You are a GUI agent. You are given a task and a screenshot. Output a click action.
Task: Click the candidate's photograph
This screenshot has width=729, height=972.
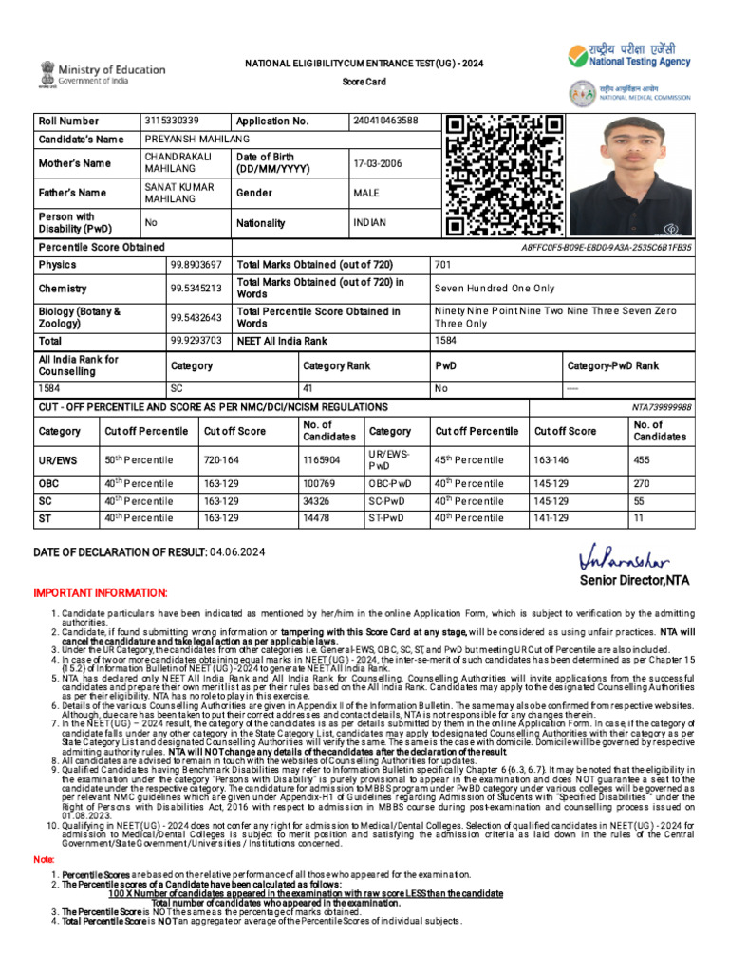click(630, 176)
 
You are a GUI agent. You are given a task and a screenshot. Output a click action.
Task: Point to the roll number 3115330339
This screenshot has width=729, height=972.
click(172, 121)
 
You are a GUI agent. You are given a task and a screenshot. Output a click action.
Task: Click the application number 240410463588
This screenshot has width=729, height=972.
click(384, 121)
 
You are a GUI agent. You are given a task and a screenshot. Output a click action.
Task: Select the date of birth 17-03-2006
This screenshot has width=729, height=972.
click(377, 163)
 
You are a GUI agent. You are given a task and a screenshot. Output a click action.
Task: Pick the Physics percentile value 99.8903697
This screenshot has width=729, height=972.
click(196, 265)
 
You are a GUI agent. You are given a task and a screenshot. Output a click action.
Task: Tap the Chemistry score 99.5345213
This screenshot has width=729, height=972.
click(196, 288)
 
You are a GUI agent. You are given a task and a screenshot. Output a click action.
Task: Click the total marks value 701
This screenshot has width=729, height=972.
click(443, 265)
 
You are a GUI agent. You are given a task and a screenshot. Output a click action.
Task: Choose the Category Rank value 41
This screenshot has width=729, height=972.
click(308, 388)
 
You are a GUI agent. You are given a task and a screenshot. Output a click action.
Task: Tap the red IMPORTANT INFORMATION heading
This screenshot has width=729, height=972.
click(101, 593)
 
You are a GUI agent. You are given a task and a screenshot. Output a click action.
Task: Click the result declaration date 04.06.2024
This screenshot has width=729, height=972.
click(237, 552)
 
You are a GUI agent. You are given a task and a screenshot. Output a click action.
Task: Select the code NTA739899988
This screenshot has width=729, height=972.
click(662, 407)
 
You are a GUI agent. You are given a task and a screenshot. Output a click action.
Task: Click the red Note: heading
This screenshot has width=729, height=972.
click(44, 859)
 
